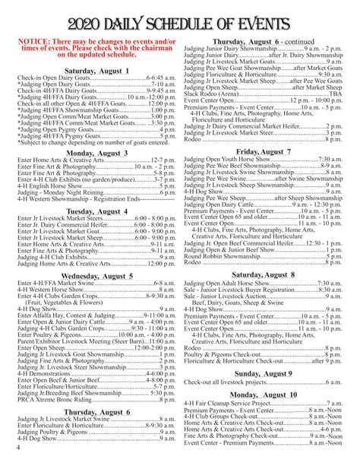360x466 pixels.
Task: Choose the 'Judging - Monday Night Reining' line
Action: click(x=61, y=194)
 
